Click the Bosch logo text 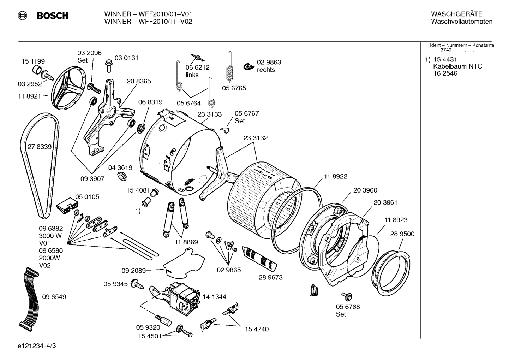click(x=52, y=16)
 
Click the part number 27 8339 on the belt click(x=39, y=147)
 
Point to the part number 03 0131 click(x=126, y=58)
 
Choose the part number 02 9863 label click(x=269, y=62)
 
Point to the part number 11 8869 click(x=186, y=242)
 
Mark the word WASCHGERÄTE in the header click(x=456, y=14)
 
